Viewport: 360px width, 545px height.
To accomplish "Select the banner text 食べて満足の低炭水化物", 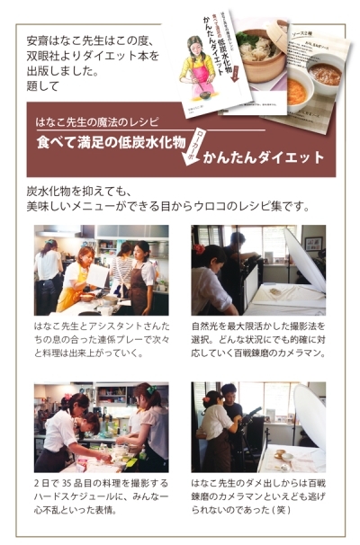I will (x=112, y=143).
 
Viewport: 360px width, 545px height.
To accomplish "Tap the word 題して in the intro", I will (x=41, y=86).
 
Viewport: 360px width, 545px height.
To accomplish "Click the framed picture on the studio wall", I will (x=312, y=245).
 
